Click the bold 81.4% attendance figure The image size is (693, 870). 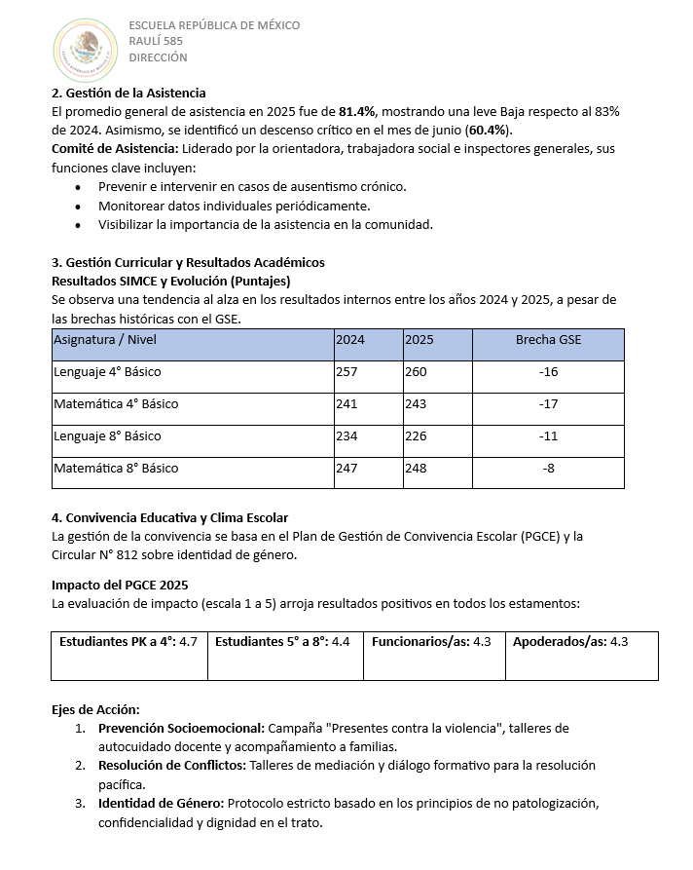(x=357, y=112)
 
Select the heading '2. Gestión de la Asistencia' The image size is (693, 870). (x=128, y=94)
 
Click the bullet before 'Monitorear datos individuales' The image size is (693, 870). (x=79, y=207)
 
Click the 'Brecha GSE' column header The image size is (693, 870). (x=548, y=340)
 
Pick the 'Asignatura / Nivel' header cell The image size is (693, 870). (x=105, y=340)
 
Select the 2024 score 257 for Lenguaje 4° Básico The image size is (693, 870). (x=346, y=372)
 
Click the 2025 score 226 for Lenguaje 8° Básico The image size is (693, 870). (x=416, y=436)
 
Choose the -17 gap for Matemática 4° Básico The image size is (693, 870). (x=548, y=404)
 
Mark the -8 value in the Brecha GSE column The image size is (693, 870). (x=548, y=469)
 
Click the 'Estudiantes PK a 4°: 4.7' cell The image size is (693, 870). (x=128, y=642)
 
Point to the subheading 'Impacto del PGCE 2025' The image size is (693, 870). (x=120, y=585)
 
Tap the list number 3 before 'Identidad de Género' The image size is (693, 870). (x=80, y=804)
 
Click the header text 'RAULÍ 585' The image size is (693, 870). (x=156, y=41)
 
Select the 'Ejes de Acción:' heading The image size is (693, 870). (x=95, y=709)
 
